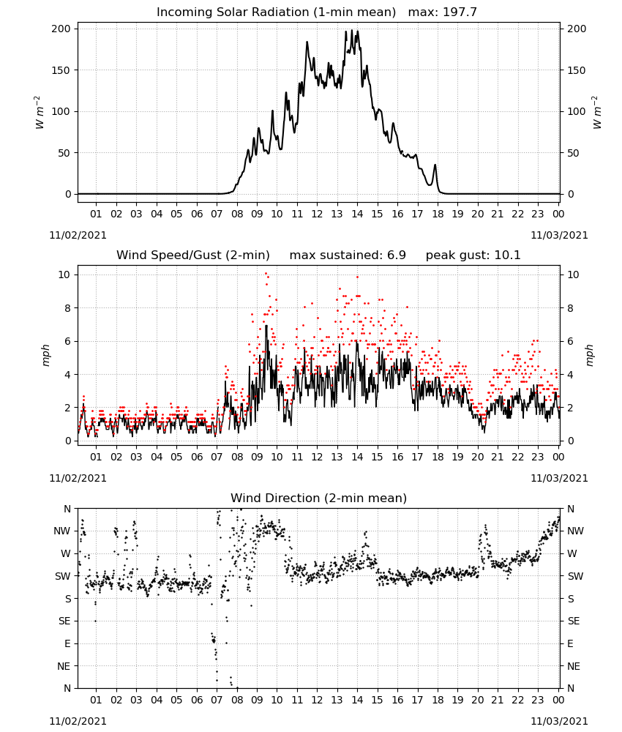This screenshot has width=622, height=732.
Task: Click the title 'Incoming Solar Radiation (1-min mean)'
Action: [276, 12]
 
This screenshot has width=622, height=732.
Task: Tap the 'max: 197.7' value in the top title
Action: [443, 12]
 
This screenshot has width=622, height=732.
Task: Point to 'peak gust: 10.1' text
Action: [473, 255]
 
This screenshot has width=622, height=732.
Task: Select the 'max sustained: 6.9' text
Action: [348, 255]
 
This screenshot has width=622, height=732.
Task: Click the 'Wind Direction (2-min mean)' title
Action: [319, 498]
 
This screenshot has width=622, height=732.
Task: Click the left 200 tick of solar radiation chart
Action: [61, 29]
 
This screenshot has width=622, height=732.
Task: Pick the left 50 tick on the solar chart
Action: [64, 153]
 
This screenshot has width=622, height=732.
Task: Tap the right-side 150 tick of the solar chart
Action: [577, 70]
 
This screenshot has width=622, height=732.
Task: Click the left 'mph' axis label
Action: [45, 355]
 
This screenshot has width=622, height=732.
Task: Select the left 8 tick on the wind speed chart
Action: [68, 308]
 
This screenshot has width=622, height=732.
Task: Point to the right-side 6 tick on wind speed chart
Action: [570, 341]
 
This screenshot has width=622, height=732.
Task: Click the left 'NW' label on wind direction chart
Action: [62, 531]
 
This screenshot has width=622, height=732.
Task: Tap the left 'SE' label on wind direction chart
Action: [65, 621]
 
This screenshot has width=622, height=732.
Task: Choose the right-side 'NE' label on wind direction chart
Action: [574, 666]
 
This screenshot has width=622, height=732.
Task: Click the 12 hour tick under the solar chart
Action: [318, 214]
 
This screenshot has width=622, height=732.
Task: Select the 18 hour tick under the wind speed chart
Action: [438, 457]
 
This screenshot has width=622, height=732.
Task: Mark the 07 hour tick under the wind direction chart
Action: [217, 700]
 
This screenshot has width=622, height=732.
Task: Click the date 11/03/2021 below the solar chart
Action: [559, 235]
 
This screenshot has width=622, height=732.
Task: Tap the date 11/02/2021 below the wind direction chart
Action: [78, 721]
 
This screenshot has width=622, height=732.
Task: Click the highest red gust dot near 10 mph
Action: [266, 274]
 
